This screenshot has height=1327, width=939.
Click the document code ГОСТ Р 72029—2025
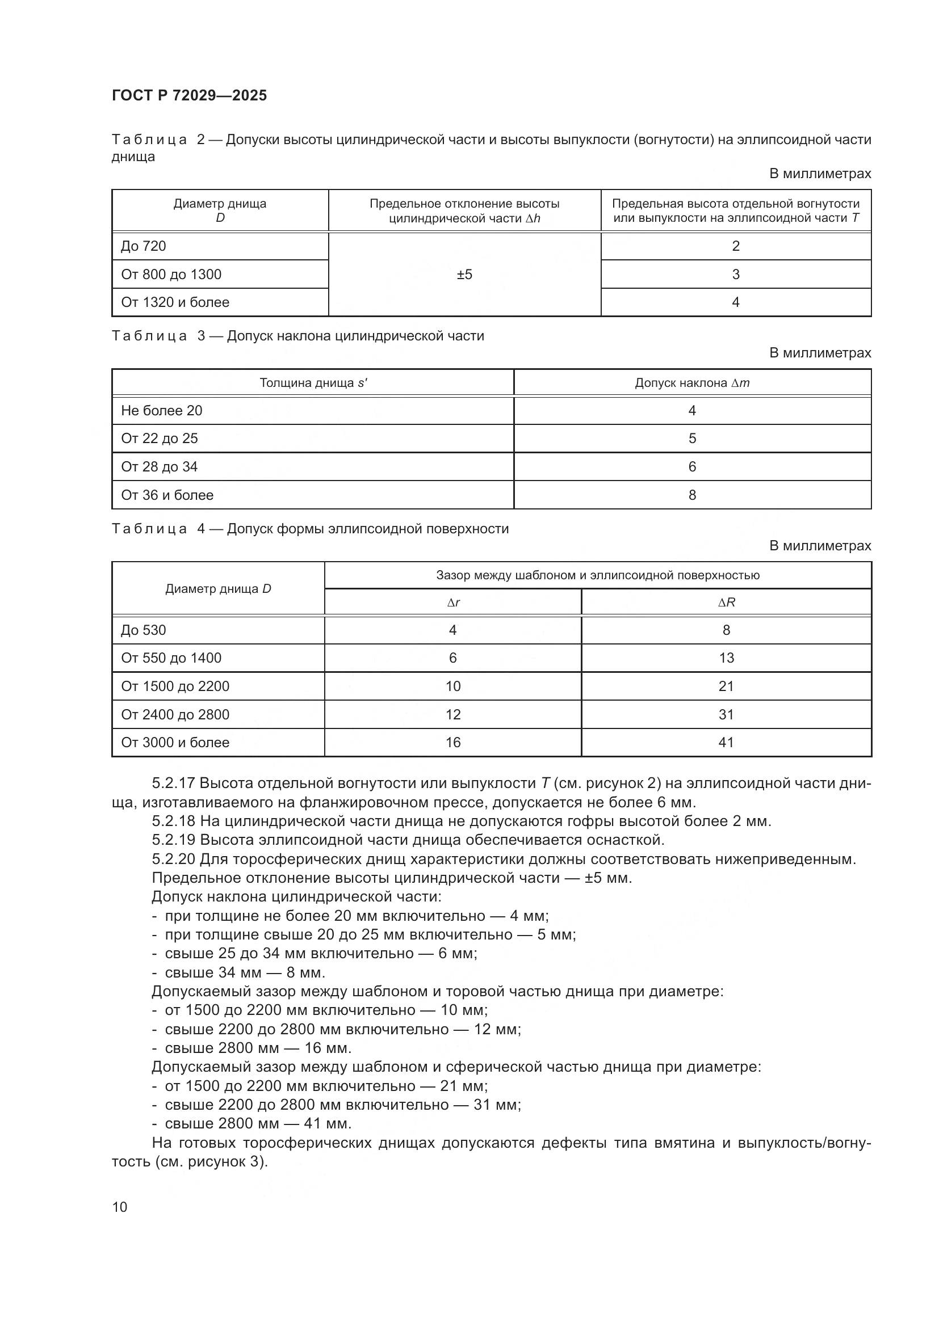[x=189, y=95]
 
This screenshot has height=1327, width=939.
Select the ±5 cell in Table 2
[x=464, y=275]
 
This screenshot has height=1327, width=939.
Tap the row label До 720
[x=144, y=246]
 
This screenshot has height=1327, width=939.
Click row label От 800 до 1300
[x=171, y=275]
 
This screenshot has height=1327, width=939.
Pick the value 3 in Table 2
[x=735, y=275]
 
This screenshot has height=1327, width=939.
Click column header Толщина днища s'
[x=313, y=382]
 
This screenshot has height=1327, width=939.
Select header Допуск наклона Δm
[x=692, y=382]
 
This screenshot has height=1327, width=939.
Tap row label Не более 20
[x=161, y=411]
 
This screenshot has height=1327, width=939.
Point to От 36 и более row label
[x=167, y=495]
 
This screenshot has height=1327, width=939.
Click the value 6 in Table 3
[x=692, y=467]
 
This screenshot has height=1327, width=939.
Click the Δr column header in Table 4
[x=453, y=603]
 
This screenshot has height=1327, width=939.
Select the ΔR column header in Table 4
[x=726, y=603]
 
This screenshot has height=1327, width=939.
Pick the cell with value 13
[x=726, y=658]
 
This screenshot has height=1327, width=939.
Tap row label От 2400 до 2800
[x=175, y=715]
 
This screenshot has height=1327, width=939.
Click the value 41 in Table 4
[x=726, y=743]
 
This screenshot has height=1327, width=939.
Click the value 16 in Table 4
[x=453, y=743]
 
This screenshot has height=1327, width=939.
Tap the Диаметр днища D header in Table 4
[x=218, y=589]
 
